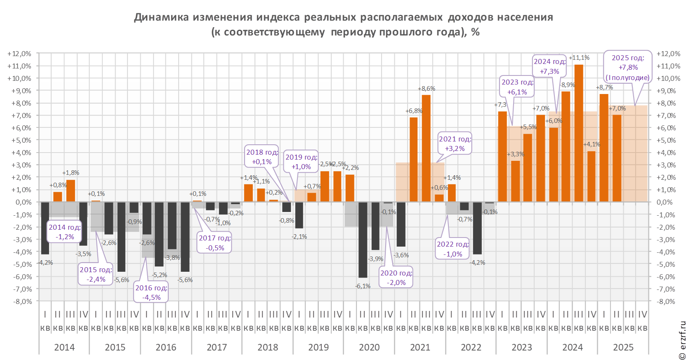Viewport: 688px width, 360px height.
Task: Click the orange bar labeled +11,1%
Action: (579, 133)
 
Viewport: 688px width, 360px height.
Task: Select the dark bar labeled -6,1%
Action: (363, 240)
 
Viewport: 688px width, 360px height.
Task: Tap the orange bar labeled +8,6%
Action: (426, 148)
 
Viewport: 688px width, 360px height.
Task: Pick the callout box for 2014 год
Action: (65, 232)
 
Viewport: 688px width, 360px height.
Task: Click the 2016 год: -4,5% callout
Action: (151, 293)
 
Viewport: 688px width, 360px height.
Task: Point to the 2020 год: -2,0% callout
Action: (396, 278)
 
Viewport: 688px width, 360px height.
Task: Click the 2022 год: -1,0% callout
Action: (452, 249)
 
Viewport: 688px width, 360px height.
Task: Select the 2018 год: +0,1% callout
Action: (262, 157)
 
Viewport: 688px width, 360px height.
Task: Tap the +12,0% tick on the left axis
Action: (19, 54)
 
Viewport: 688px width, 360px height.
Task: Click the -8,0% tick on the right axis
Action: (666, 301)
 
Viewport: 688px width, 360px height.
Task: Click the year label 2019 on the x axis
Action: (319, 347)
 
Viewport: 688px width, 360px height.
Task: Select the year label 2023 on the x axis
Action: (522, 347)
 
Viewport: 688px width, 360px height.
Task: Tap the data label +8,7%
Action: (604, 87)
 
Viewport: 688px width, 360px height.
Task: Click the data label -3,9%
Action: (376, 259)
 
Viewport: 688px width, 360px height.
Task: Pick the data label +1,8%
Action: (71, 173)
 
